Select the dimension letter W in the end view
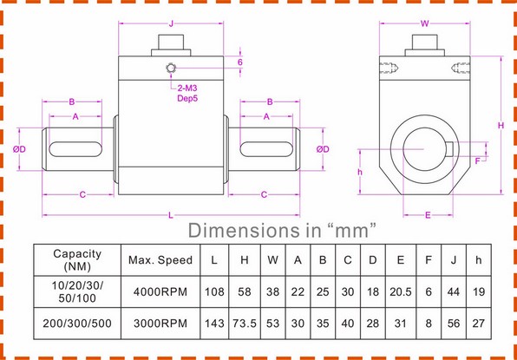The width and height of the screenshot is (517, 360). (424, 23)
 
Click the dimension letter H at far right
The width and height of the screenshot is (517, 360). (501, 125)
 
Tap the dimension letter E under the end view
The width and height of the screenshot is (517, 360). (428, 213)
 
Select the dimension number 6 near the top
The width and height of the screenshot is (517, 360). (239, 62)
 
